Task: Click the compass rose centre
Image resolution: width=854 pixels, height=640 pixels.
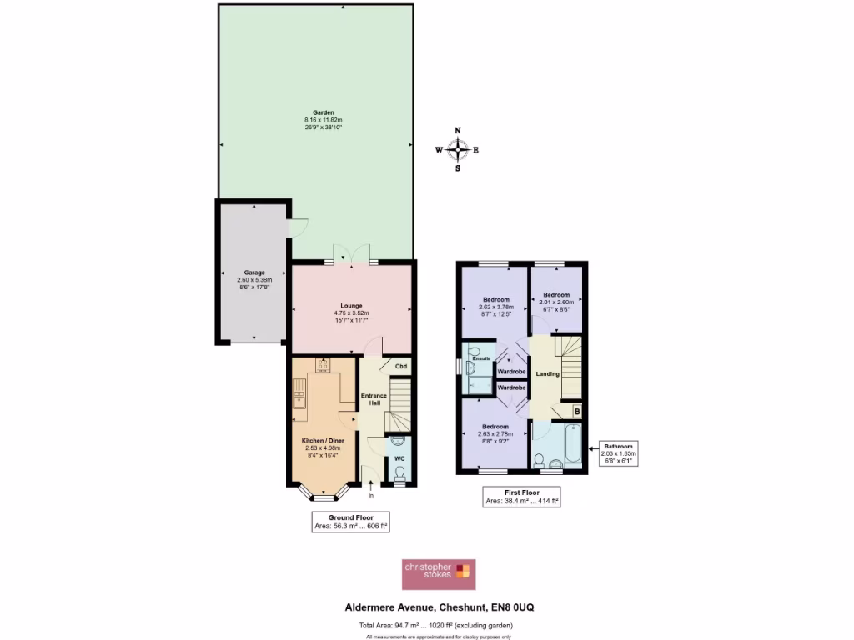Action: click(x=457, y=150)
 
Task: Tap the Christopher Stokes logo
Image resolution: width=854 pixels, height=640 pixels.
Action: click(x=439, y=574)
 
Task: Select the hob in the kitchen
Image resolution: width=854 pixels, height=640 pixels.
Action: click(x=322, y=364)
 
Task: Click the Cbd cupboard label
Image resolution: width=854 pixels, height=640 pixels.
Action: click(x=401, y=367)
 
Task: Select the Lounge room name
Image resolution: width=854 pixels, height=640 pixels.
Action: click(x=351, y=305)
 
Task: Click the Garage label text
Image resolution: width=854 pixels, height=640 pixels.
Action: click(x=254, y=272)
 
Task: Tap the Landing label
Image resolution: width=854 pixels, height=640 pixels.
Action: click(x=546, y=373)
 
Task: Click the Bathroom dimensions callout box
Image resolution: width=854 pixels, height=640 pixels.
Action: click(x=619, y=453)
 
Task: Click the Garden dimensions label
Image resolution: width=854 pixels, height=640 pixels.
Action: click(x=323, y=120)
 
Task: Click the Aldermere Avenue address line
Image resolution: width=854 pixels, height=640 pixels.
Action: click(x=440, y=607)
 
